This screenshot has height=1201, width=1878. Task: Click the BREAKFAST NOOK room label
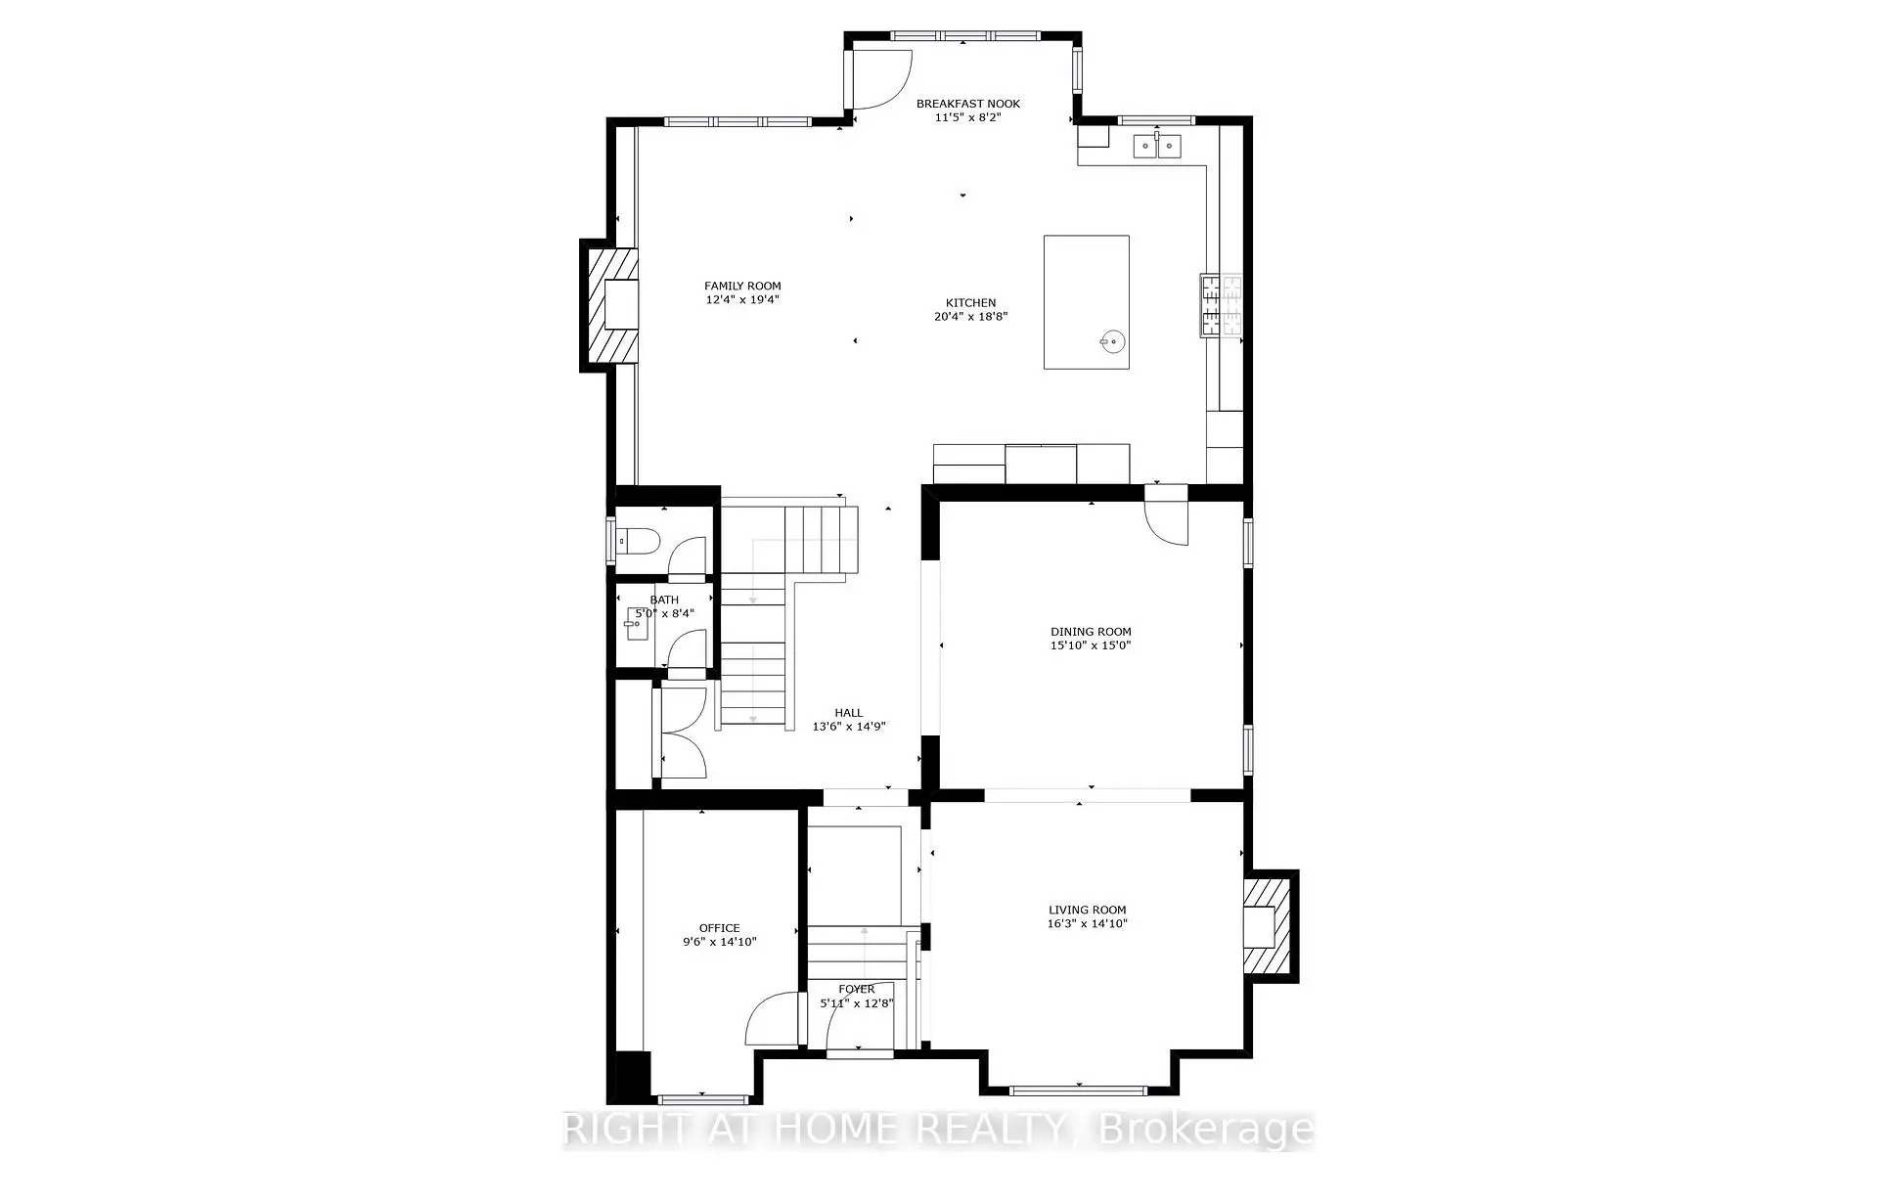[x=967, y=104]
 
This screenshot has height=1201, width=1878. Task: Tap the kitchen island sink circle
[x=1112, y=341]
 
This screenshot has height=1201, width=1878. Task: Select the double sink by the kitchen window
[x=1157, y=147]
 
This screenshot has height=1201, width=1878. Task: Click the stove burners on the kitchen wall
[x=1221, y=304]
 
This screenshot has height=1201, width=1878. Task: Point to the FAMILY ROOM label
[x=742, y=287]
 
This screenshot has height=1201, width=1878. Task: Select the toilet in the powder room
[x=641, y=540]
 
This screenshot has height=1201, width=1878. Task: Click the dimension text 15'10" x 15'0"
[x=1091, y=645]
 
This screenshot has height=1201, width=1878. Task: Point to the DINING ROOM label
[x=1091, y=632]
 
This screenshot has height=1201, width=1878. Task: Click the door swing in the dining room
[x=1167, y=523]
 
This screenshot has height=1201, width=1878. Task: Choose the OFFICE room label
[x=719, y=928]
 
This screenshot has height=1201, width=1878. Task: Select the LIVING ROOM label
[x=1087, y=910]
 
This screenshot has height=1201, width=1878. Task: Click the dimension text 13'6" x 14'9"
[x=849, y=727]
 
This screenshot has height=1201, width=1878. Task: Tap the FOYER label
[x=856, y=990]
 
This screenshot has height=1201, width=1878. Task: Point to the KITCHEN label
[x=970, y=303]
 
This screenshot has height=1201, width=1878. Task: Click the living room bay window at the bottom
[x=1078, y=1090]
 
